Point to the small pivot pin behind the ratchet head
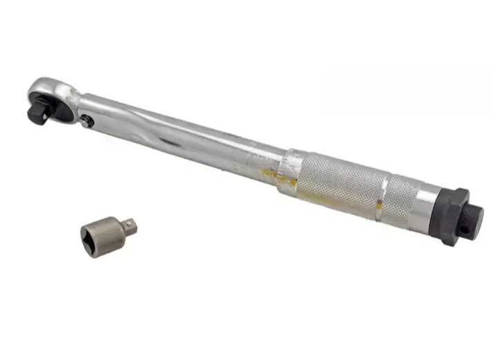pyautogui.click(x=86, y=122)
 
